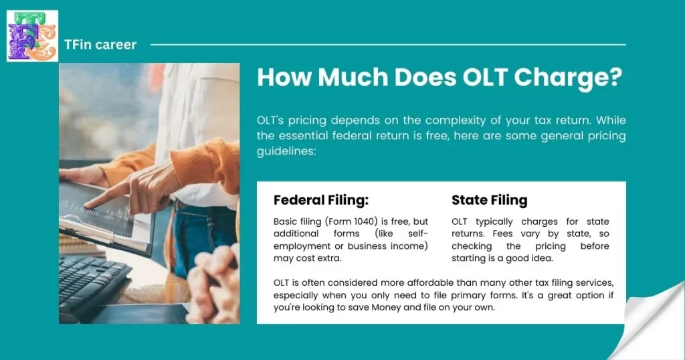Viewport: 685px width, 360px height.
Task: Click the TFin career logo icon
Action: click(x=32, y=35)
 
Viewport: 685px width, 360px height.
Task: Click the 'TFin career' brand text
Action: click(x=100, y=45)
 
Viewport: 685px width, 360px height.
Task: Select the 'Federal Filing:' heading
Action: click(x=321, y=200)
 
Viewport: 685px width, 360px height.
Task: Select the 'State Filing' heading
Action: click(x=489, y=200)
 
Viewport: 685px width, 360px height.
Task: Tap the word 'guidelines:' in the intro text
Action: click(x=286, y=152)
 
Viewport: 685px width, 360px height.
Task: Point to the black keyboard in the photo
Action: click(x=94, y=281)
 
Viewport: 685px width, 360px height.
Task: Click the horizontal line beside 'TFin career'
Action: click(x=388, y=45)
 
